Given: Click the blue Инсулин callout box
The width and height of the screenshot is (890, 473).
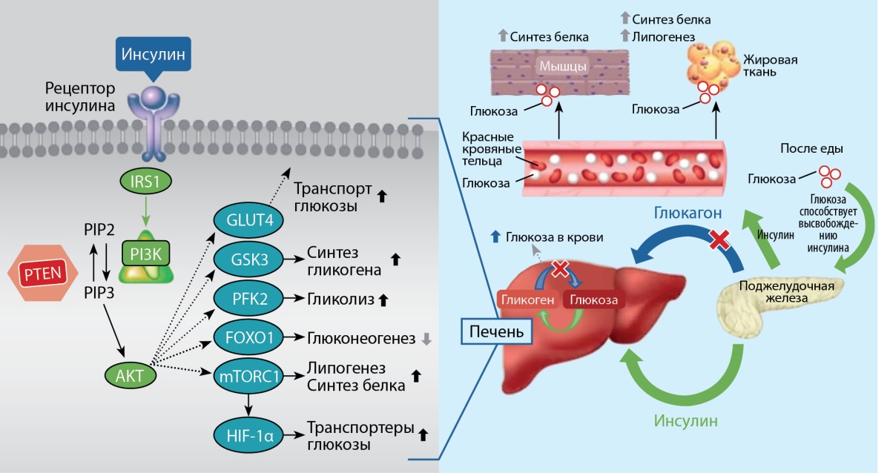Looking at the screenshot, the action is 154,54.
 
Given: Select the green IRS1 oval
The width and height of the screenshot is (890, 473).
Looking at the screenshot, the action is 146,181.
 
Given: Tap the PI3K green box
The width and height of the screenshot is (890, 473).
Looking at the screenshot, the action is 146,254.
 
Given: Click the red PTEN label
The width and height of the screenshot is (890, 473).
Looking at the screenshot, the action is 43,274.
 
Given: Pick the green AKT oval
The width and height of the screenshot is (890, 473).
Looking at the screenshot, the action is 131,375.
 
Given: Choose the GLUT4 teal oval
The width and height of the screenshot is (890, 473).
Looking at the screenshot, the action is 248,219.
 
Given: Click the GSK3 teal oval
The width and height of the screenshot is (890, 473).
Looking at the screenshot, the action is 248,259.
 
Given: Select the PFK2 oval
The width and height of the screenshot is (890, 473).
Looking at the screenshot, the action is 248,298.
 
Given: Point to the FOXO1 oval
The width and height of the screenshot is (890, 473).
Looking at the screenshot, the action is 248,337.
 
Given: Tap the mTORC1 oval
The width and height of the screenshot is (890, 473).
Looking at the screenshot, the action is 248,376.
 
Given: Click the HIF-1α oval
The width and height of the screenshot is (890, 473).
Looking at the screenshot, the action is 248,436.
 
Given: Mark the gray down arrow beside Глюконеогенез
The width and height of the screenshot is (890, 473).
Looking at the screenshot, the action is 426,339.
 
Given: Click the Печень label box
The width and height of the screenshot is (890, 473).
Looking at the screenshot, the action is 497,331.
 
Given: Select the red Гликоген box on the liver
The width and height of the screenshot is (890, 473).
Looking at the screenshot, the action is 527,300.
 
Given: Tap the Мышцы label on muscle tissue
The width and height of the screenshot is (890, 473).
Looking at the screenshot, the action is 563,66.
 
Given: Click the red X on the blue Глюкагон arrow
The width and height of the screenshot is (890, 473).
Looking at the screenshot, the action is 719,239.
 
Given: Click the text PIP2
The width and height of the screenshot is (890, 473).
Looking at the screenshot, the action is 99,230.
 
